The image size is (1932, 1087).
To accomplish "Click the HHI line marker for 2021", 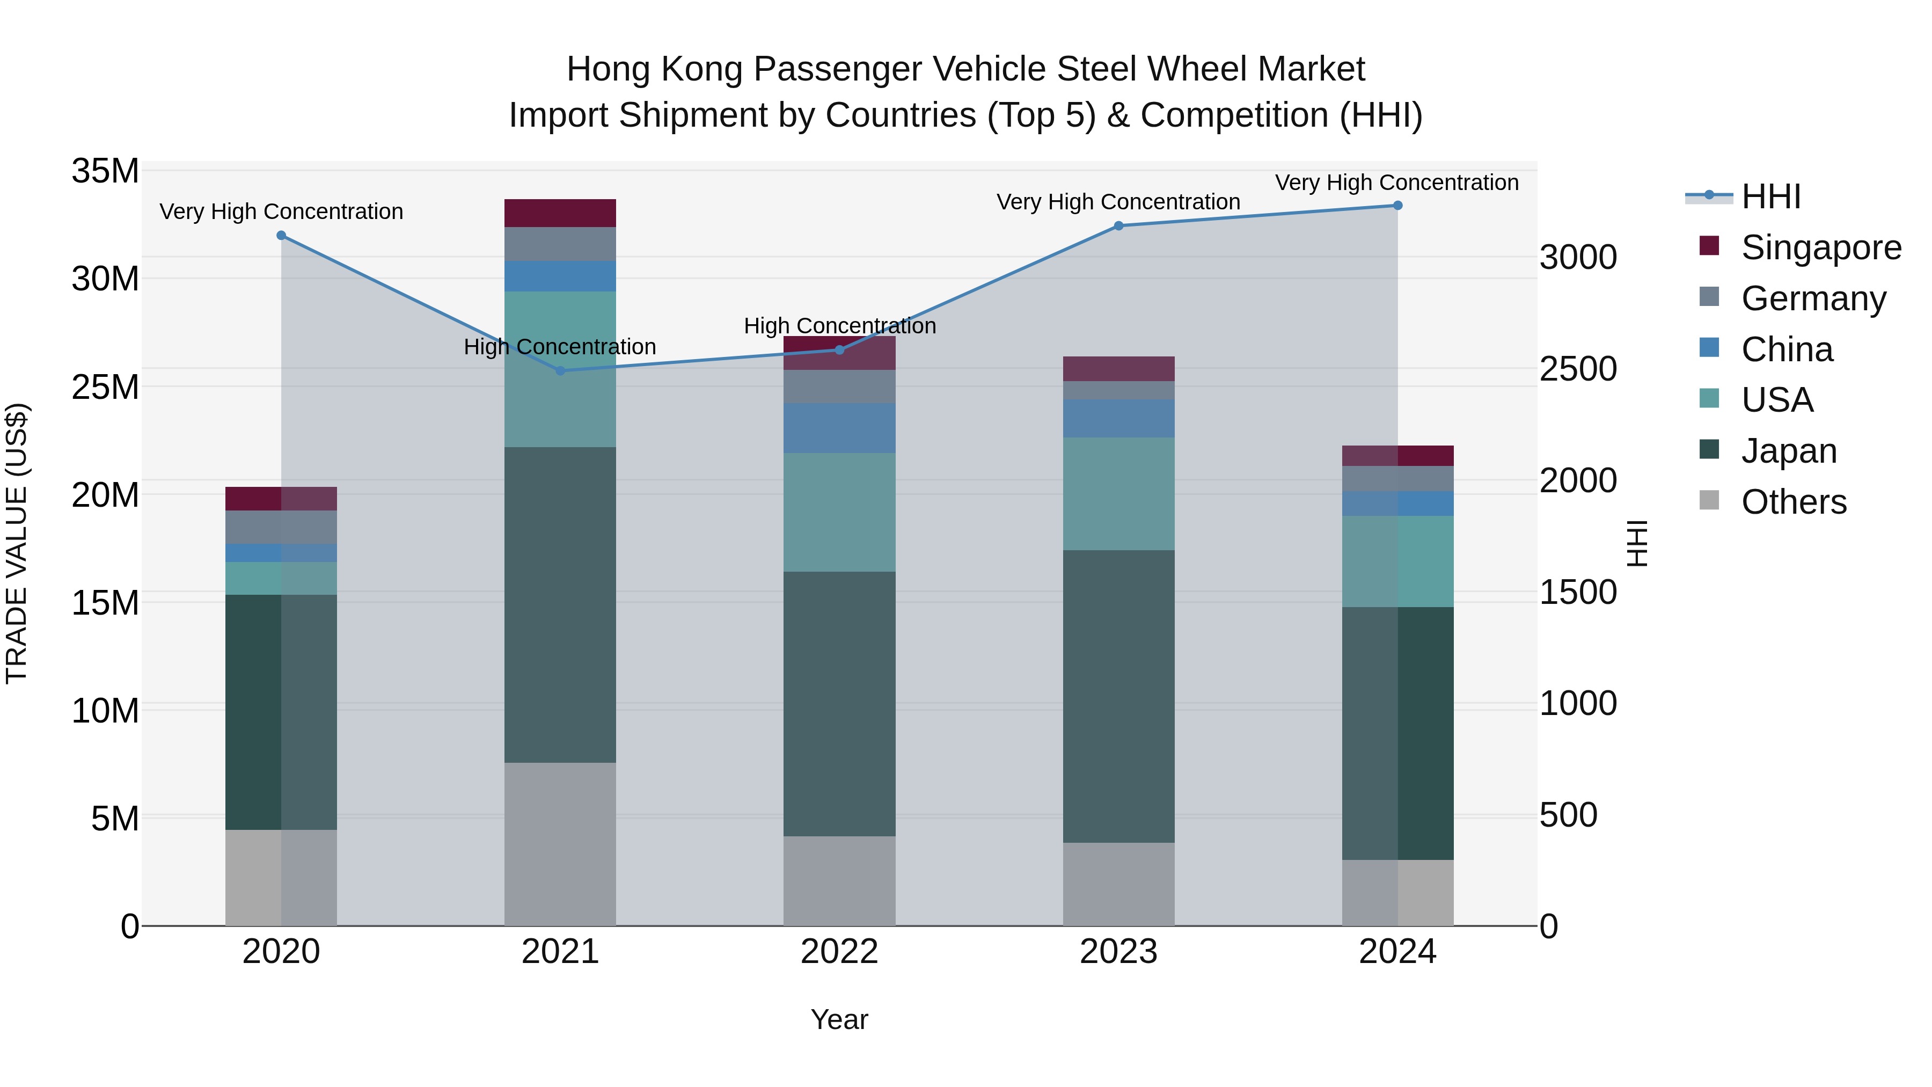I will [x=560, y=370].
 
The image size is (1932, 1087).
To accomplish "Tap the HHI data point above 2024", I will [x=1397, y=205].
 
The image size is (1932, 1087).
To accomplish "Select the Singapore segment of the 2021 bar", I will [x=560, y=213].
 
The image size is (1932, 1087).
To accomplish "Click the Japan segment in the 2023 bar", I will [x=1118, y=696].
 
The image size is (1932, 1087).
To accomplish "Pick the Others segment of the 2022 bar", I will [x=839, y=881].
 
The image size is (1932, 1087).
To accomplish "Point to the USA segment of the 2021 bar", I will [x=560, y=369].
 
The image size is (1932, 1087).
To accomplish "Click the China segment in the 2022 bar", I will [x=839, y=428].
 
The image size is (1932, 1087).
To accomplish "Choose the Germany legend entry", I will [x=1813, y=298].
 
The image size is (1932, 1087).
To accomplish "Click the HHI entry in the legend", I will [x=1770, y=196].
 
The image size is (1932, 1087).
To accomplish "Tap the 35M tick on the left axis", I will [x=105, y=171].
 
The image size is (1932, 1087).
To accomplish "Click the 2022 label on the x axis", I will [x=839, y=952].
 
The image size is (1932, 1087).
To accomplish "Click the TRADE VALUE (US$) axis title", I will [x=17, y=543].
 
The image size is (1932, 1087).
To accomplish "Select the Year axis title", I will [x=839, y=1019].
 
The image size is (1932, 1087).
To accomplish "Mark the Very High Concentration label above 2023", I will [x=1118, y=202].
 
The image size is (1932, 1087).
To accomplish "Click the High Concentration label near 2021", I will [x=560, y=347].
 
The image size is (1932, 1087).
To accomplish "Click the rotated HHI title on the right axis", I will [x=1637, y=543].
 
